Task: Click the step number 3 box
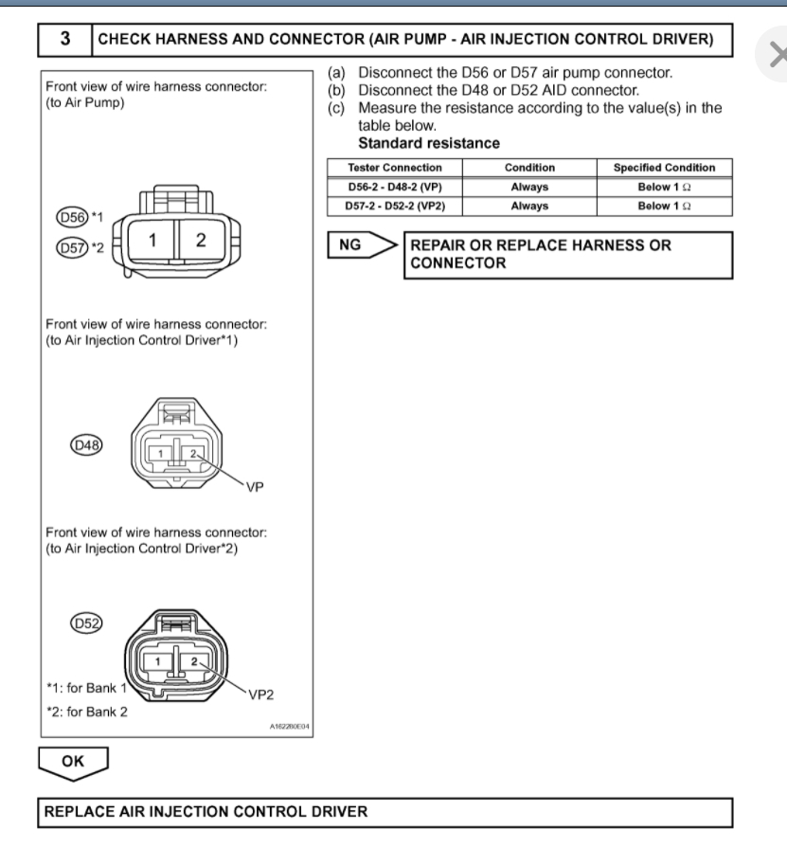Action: (63, 40)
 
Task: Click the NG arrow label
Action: (350, 245)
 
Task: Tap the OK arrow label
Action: (72, 760)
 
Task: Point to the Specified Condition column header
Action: (664, 168)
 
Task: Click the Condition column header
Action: (529, 168)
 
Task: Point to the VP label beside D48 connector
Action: (254, 489)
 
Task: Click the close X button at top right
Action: (776, 55)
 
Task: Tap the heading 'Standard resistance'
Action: (429, 143)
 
